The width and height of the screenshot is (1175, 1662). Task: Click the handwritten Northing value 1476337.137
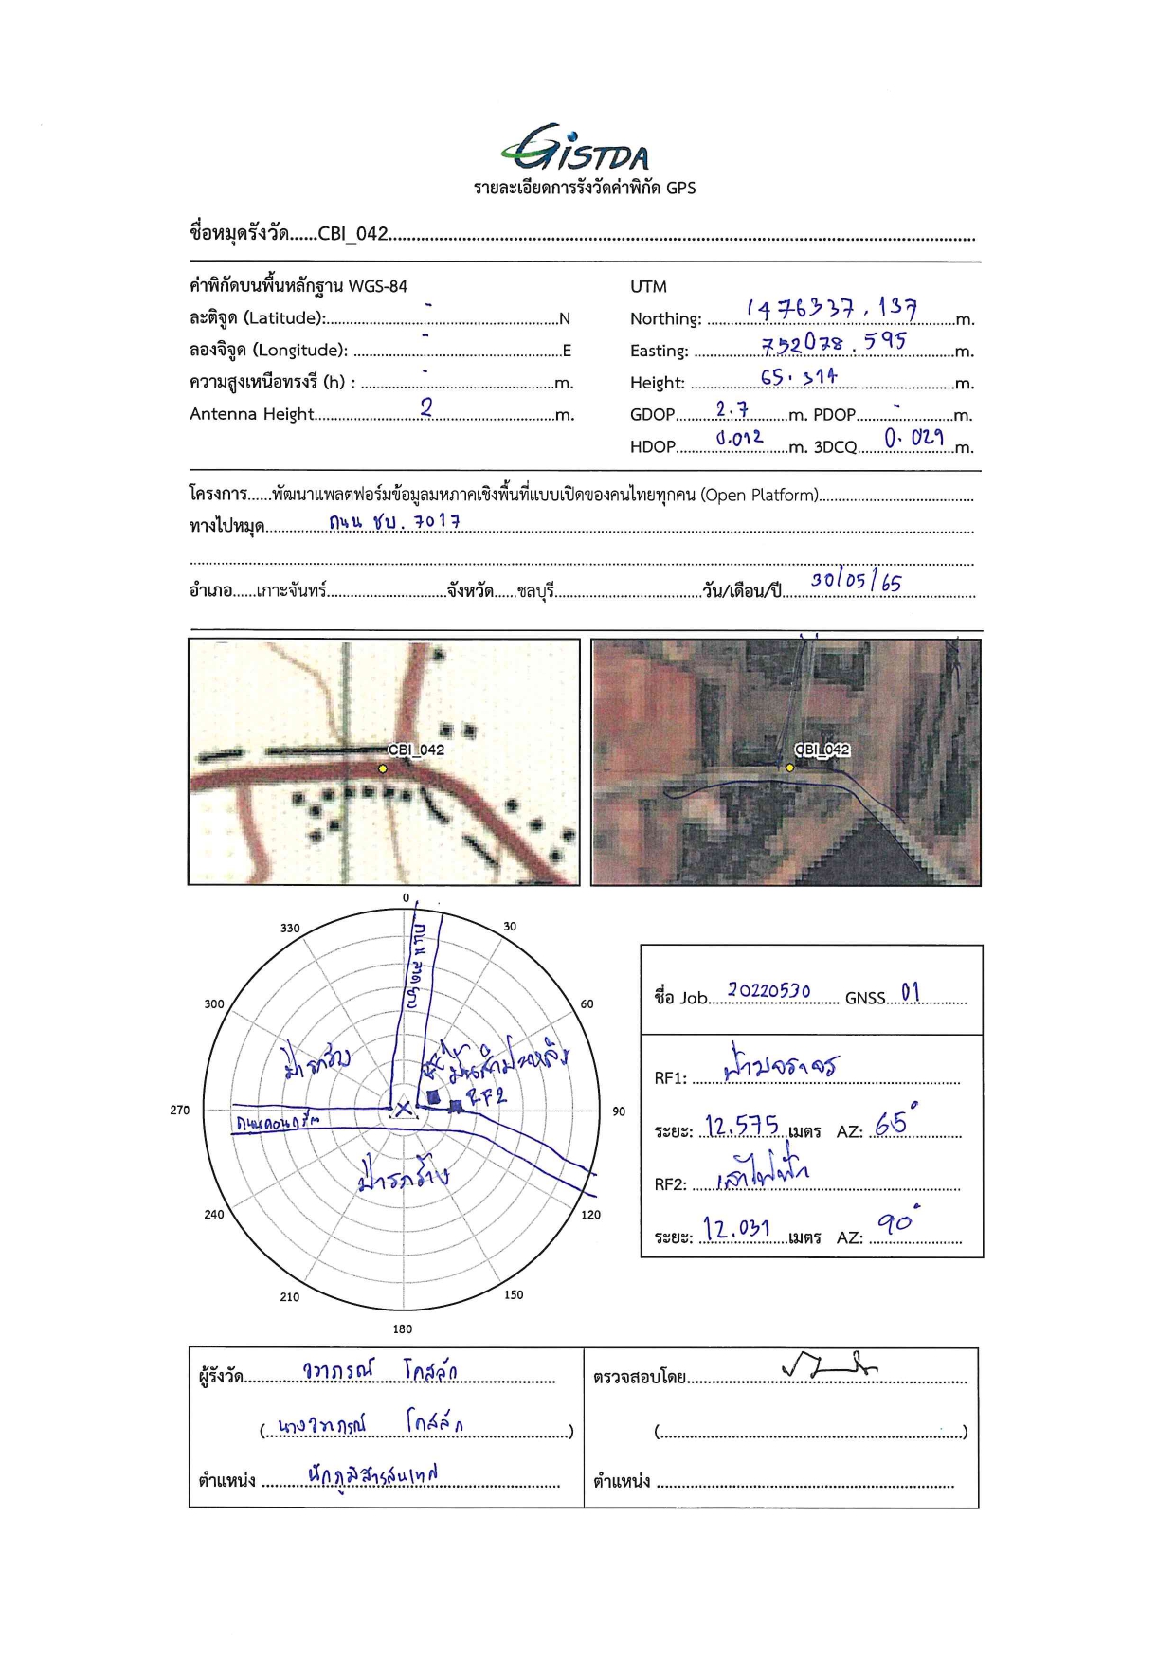(x=831, y=308)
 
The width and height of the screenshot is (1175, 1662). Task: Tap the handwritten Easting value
(x=833, y=341)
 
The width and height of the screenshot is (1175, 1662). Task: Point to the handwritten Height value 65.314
(x=798, y=376)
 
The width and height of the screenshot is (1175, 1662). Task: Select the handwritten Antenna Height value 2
(x=426, y=407)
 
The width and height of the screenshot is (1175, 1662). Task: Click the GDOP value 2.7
(x=731, y=409)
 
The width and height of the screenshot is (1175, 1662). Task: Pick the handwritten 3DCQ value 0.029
(x=913, y=438)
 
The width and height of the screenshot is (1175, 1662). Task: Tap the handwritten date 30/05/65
(x=856, y=580)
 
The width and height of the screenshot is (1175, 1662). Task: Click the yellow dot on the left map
(x=382, y=768)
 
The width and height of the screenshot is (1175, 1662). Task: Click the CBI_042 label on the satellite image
(x=822, y=750)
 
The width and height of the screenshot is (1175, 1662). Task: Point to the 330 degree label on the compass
(x=290, y=929)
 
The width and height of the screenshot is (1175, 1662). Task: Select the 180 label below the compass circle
(x=403, y=1328)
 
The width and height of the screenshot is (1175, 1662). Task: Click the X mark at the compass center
(x=403, y=1108)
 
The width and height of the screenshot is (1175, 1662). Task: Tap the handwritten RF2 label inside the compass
(x=488, y=1097)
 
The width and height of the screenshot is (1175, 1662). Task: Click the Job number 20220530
(x=768, y=991)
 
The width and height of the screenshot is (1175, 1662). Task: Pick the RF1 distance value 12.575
(x=742, y=1126)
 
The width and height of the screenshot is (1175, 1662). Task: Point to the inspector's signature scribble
(x=829, y=1365)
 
